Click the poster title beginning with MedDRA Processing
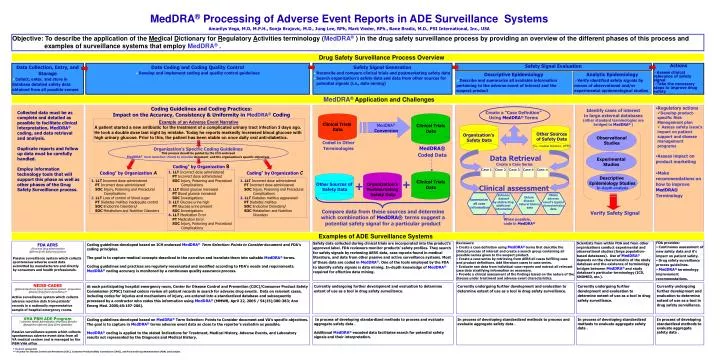[360, 9]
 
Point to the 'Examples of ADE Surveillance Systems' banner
[360, 233]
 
